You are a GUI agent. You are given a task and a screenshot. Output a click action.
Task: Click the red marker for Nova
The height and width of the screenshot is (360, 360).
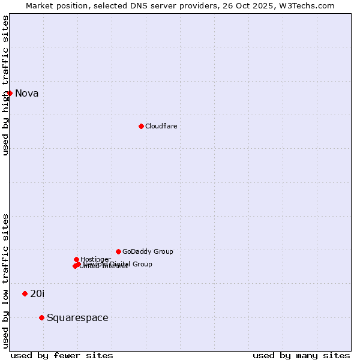(x=10, y=93)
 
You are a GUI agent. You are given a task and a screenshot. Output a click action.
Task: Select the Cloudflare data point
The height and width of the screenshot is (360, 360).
(x=141, y=126)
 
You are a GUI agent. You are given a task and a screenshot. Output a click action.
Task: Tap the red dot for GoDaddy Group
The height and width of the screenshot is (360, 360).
(x=118, y=251)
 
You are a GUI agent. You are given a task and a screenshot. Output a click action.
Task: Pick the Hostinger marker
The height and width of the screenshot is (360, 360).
(x=76, y=259)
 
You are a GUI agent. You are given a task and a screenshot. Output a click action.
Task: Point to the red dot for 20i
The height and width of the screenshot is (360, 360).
(x=25, y=293)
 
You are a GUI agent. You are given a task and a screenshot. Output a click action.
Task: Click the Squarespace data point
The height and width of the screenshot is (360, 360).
(x=41, y=317)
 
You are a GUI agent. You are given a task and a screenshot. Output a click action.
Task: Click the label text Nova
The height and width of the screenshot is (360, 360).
(x=26, y=93)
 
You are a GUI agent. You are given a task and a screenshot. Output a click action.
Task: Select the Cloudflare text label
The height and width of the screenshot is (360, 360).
(x=161, y=126)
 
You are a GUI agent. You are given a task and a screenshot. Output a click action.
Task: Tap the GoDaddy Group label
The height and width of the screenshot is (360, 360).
(x=148, y=251)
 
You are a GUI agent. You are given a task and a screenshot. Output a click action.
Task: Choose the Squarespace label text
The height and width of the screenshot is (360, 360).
(x=77, y=317)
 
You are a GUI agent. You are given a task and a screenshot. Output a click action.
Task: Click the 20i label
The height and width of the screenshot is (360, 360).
(x=37, y=293)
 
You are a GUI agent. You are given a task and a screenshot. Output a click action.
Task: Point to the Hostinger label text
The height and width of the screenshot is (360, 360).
(x=95, y=259)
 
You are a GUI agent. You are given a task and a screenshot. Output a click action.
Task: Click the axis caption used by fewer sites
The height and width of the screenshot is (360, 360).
(x=62, y=355)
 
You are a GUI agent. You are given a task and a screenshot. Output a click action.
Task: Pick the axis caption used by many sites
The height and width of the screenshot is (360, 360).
(x=301, y=355)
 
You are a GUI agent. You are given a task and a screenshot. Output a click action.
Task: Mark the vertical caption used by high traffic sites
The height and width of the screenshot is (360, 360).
(x=5, y=86)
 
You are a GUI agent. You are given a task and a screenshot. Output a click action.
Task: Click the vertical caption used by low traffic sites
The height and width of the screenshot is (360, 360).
(x=5, y=280)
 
